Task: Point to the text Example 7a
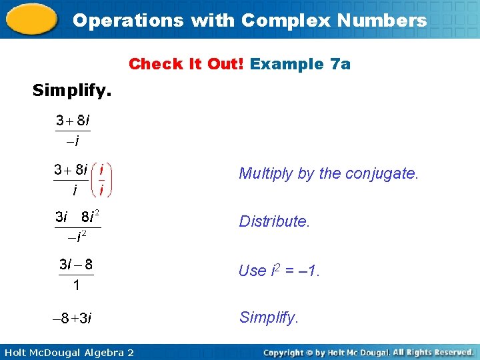301,64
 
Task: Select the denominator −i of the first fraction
72,141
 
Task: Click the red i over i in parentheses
101,180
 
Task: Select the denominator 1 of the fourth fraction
76,285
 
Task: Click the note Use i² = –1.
279,271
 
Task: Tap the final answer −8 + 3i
72,318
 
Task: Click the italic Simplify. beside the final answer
268,317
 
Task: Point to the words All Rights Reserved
433,352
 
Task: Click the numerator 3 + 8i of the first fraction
73,121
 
